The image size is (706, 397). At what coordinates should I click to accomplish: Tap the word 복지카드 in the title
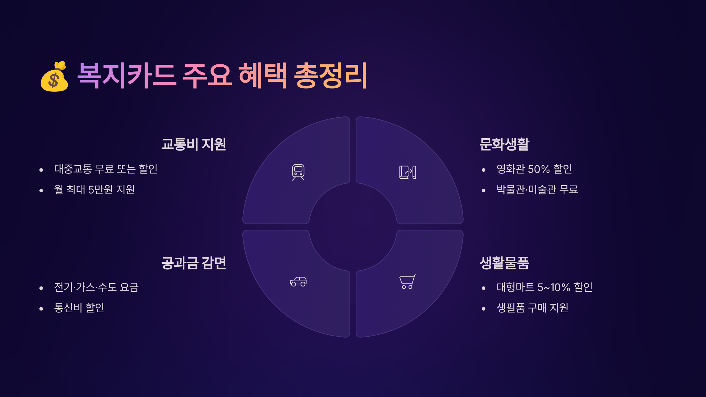tap(127, 76)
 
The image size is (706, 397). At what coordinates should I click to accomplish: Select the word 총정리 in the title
tap(330, 76)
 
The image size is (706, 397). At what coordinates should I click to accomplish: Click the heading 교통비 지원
tap(194, 144)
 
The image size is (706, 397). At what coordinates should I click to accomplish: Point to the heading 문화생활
tap(504, 144)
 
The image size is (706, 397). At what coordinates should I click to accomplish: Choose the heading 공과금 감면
tap(194, 263)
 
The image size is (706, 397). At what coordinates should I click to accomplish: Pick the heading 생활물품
tap(504, 263)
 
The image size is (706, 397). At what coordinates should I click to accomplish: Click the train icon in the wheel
tap(298, 172)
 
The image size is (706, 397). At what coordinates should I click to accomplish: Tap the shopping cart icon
tap(407, 282)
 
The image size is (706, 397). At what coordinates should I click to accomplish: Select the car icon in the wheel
tap(298, 281)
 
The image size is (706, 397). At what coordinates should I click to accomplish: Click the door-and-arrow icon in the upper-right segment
tap(407, 172)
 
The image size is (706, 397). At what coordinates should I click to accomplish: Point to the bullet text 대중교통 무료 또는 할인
tap(106, 169)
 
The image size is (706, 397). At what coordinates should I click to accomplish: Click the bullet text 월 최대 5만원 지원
tap(94, 190)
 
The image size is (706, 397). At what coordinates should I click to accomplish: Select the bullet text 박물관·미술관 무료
tap(537, 190)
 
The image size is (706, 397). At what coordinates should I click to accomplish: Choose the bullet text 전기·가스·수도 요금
tap(96, 287)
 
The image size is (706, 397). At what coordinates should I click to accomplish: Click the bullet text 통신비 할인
tap(79, 308)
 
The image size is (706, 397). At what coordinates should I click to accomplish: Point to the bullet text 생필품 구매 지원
tap(532, 308)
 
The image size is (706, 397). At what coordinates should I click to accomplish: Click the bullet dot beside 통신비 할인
tap(41, 309)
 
